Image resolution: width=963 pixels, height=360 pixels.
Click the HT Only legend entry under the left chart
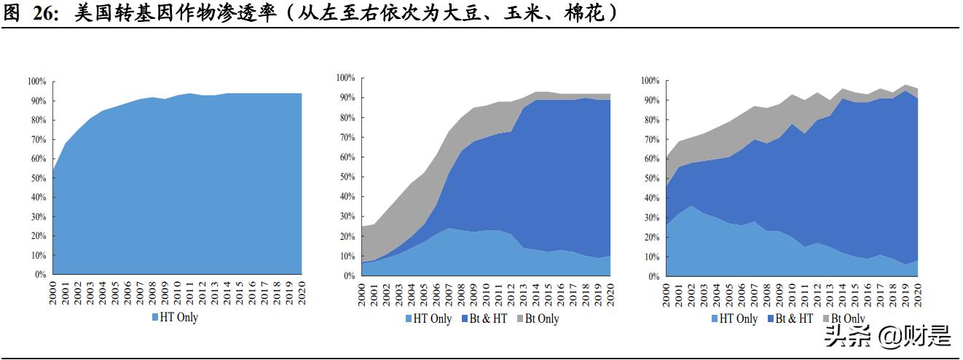(178, 317)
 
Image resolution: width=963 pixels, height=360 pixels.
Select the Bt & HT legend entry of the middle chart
(488, 318)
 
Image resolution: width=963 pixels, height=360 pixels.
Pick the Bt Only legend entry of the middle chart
(542, 318)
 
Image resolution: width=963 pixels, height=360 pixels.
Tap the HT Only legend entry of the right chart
(739, 318)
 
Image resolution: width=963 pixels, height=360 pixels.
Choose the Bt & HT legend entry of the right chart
(794, 318)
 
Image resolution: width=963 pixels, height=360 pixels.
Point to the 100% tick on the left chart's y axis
(37, 82)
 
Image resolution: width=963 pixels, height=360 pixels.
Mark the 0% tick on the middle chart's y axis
(348, 275)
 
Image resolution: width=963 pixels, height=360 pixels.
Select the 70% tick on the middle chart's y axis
(347, 137)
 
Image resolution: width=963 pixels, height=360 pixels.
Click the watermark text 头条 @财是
(887, 336)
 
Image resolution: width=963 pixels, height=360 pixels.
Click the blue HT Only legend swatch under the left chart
(155, 317)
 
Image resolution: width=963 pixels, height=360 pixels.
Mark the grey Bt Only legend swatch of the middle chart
(519, 318)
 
